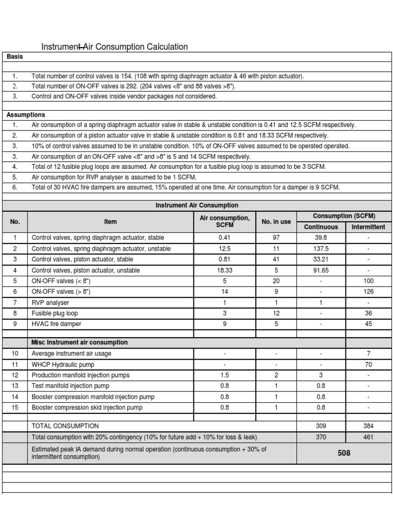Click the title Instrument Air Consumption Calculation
pos(114,47)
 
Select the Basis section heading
pos(14,57)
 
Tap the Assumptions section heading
pos(26,115)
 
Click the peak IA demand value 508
pos(344,453)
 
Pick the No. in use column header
pos(276,222)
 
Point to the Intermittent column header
pos(368,227)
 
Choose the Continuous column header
pos(321,227)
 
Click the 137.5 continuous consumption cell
pos(321,249)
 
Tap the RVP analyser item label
pos(50,302)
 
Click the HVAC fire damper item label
pos(56,324)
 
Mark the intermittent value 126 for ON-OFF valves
pos(368,292)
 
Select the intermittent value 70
pos(368,364)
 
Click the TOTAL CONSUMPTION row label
pos(65,426)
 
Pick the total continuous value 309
pos(321,426)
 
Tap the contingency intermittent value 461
pos(368,437)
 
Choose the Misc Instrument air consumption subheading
pos(79,342)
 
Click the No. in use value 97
pos(276,238)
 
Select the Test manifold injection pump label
pos(70,386)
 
